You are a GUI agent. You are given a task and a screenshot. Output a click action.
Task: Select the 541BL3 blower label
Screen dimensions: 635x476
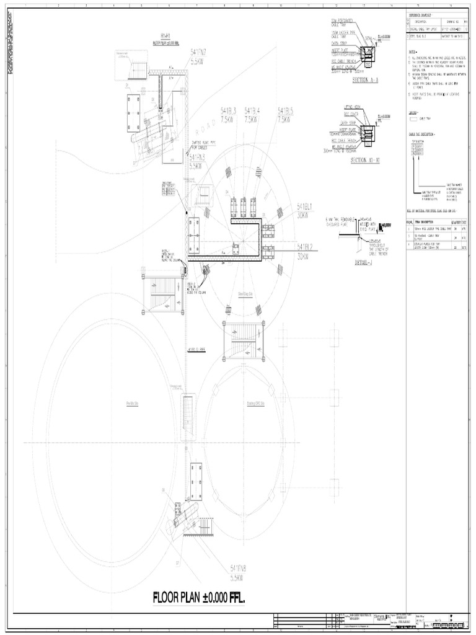[x=229, y=111]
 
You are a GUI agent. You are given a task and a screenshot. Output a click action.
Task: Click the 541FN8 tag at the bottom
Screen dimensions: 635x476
[x=238, y=568]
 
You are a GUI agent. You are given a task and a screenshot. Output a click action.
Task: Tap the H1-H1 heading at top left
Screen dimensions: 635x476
[x=167, y=35]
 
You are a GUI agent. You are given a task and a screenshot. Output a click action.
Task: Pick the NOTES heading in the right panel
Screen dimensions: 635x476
[x=413, y=52]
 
